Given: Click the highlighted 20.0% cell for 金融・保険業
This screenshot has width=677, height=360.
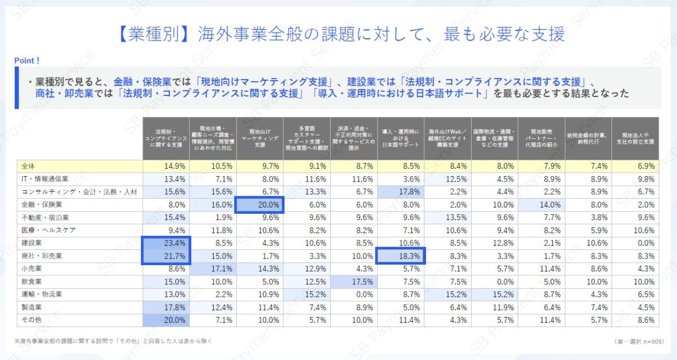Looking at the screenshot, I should coord(260,205).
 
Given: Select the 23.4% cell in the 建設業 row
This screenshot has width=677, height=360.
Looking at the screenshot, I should coord(166,243).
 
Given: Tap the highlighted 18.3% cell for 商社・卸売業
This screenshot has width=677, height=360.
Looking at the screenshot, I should coord(400,256).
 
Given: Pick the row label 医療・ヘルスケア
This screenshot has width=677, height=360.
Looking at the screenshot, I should coord(48,230).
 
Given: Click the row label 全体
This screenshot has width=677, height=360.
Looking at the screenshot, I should coord(28,166).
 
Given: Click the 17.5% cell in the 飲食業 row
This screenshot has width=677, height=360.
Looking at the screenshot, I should coord(353,282).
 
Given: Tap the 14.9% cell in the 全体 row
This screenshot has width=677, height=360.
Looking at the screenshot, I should coord(166,166).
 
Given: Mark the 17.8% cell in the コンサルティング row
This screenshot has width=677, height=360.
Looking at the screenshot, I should coord(400,192).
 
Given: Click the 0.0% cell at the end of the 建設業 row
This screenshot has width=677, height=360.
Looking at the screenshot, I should coord(635,243).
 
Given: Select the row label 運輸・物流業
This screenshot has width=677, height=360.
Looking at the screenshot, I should coord(43,295).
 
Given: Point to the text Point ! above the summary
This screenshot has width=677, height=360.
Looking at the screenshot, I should coord(27,60).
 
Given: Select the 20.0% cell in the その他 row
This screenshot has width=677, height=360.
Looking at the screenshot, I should coord(166,320).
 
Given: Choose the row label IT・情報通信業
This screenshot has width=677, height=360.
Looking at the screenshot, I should coord(45,179).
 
